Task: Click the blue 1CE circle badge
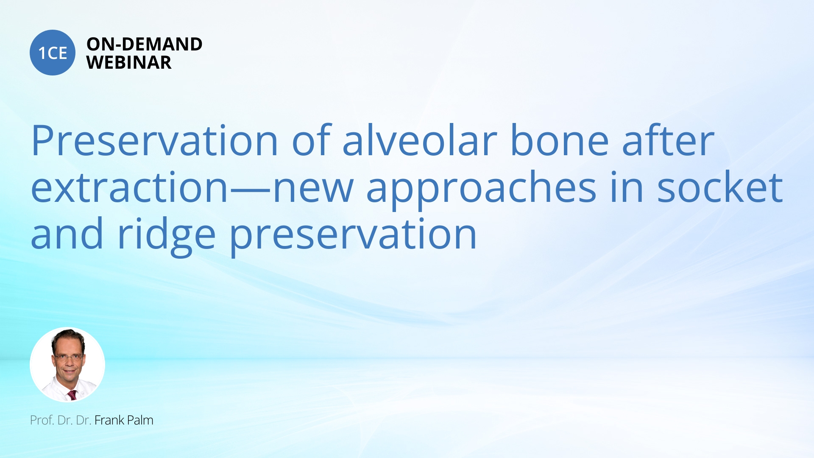coord(53,53)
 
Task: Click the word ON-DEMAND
coord(144,44)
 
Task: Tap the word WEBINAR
coord(128,62)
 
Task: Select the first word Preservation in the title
coord(154,141)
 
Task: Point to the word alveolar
coord(419,141)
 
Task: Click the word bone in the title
coord(559,141)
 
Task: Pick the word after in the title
coord(668,141)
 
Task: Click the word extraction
coord(130,187)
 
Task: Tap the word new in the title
coord(313,187)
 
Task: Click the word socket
coord(719,187)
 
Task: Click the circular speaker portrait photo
coord(67,364)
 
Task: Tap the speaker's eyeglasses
coord(68,357)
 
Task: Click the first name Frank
coord(109,420)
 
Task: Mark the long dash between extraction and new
coord(250,189)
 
